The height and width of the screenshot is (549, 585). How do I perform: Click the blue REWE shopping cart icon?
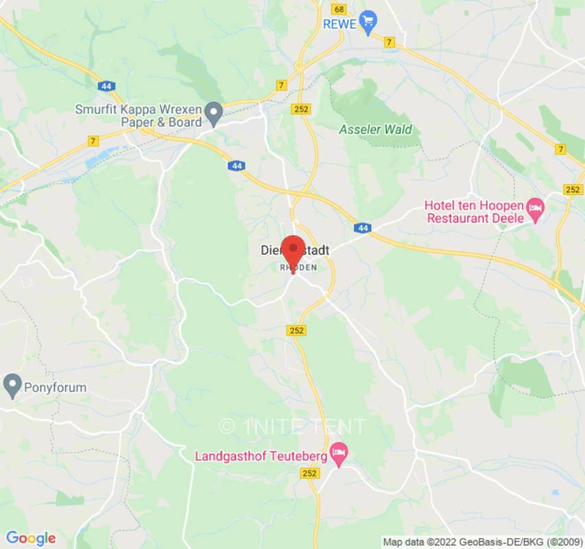[x=369, y=21]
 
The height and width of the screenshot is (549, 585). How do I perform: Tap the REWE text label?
[x=340, y=24]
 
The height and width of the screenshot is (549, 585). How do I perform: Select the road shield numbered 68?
[x=339, y=9]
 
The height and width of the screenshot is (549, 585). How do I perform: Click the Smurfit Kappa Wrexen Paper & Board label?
[x=140, y=115]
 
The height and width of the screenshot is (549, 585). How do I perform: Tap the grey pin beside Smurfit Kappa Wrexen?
[x=215, y=113]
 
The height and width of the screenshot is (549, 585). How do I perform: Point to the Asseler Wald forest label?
[x=375, y=129]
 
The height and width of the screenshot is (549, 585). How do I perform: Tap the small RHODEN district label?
[x=298, y=268]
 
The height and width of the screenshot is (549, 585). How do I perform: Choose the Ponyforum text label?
[x=56, y=387]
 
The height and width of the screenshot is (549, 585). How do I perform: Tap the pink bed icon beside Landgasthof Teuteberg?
[x=338, y=452]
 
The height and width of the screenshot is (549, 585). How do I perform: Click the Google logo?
[x=30, y=538]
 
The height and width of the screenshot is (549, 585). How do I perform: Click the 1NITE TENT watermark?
[x=293, y=426]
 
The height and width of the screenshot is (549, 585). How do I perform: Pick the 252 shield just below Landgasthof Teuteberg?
[x=310, y=474]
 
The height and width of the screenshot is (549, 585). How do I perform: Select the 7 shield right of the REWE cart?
[x=390, y=43]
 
